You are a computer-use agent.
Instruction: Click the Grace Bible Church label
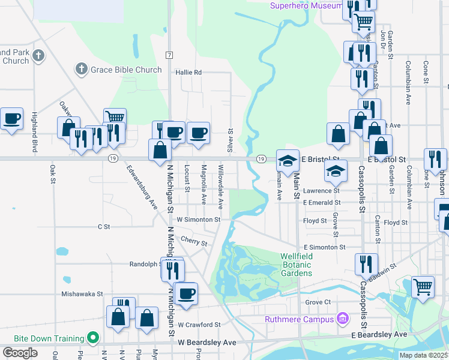pyautogui.click(x=126, y=70)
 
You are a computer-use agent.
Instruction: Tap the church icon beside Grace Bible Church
pyautogui.click(x=82, y=70)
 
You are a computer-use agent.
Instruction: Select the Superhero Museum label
pyautogui.click(x=306, y=5)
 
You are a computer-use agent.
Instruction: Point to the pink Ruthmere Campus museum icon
pyautogui.click(x=343, y=318)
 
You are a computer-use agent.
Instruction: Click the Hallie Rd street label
pyautogui.click(x=188, y=72)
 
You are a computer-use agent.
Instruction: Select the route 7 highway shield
pyautogui.click(x=170, y=55)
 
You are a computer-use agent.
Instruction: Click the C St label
pyautogui.click(x=104, y=227)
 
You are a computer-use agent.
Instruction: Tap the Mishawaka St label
pyautogui.click(x=82, y=294)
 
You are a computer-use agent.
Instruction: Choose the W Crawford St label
pyautogui.click(x=199, y=325)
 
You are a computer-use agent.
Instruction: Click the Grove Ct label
pyautogui.click(x=318, y=302)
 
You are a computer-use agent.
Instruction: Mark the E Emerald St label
pyautogui.click(x=321, y=203)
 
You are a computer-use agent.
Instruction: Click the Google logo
pyautogui.click(x=20, y=352)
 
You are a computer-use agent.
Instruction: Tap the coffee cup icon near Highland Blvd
pyautogui.click(x=11, y=118)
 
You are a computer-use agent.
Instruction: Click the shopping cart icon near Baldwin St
pyautogui.click(x=423, y=287)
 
